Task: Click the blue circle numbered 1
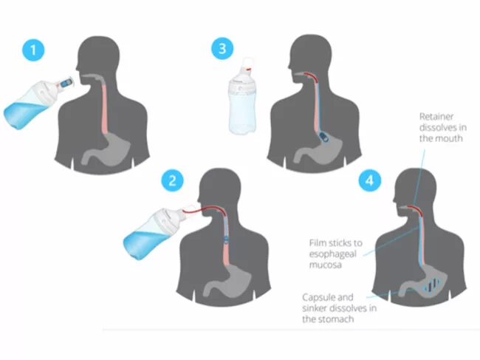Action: (x=34, y=50)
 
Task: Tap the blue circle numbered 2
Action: (x=173, y=180)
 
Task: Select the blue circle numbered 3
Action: (x=222, y=48)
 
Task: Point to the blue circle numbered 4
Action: (x=370, y=180)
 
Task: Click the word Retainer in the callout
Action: (x=436, y=116)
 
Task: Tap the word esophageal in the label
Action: (x=333, y=254)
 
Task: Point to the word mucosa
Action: (x=325, y=265)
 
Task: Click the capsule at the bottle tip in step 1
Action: (x=66, y=84)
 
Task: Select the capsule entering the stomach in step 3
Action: (x=323, y=137)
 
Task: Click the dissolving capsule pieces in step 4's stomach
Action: (x=432, y=285)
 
